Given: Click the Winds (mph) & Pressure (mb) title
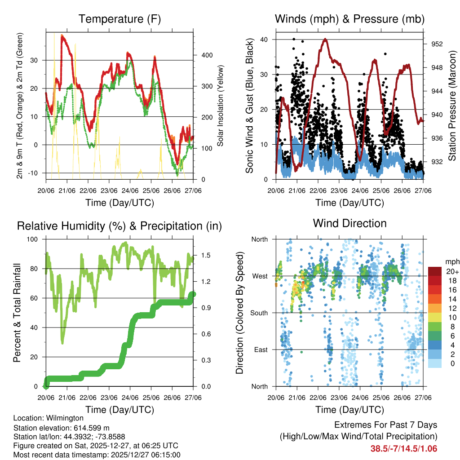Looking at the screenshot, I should pos(349,19).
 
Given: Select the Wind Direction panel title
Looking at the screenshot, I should pos(349,223).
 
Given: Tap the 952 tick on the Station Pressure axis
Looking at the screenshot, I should pos(437,44).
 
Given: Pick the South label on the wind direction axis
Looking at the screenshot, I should pos(259,313).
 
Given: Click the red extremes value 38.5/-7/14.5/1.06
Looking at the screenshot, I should pos(403,448).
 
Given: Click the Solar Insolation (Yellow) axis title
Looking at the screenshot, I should pos(221,106).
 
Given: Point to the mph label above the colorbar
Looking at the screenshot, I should pos(451,261).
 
